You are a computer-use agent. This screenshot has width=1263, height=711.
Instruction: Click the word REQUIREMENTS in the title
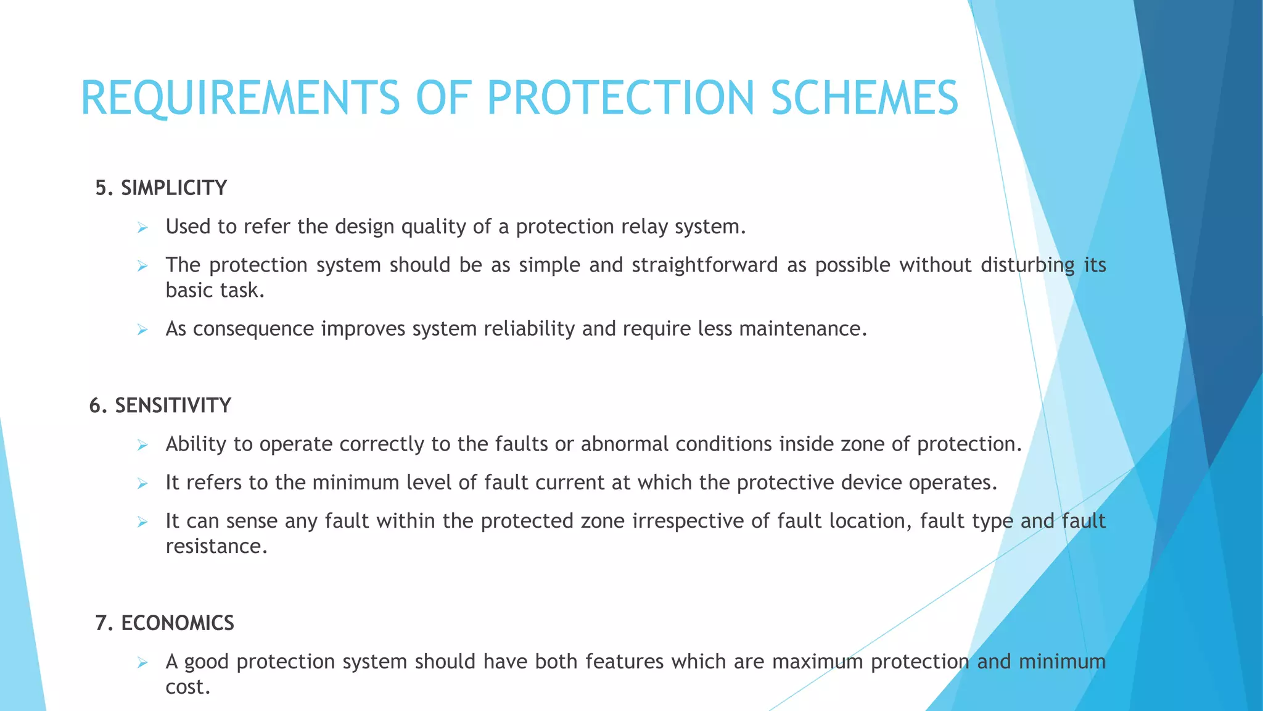(x=241, y=99)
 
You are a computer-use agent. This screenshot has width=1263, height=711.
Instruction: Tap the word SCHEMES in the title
(x=864, y=99)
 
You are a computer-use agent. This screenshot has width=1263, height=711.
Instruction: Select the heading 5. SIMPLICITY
(x=161, y=188)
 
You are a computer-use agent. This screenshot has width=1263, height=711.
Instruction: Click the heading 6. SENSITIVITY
(x=160, y=405)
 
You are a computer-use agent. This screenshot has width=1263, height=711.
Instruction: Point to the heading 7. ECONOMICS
(x=165, y=623)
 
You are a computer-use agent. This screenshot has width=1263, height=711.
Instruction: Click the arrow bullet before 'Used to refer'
(x=142, y=228)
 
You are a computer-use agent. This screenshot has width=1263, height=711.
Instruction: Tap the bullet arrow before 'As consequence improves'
(x=142, y=330)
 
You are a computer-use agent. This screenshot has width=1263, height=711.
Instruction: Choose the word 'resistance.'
(x=216, y=546)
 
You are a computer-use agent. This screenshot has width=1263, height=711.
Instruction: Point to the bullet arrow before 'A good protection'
(x=142, y=663)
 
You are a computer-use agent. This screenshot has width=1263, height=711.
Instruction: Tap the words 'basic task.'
(x=215, y=290)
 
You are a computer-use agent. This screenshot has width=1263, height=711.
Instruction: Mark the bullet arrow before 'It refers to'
(x=142, y=484)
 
